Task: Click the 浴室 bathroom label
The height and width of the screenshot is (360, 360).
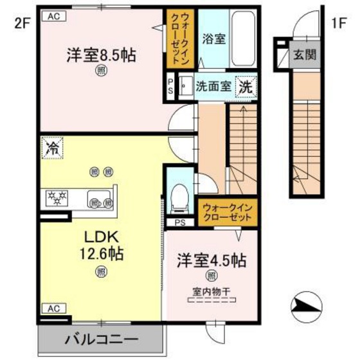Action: (213, 39)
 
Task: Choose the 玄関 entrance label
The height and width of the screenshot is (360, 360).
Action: (305, 55)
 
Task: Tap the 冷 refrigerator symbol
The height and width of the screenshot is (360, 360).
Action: (51, 148)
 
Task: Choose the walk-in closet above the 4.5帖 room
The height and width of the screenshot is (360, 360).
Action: (229, 213)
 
